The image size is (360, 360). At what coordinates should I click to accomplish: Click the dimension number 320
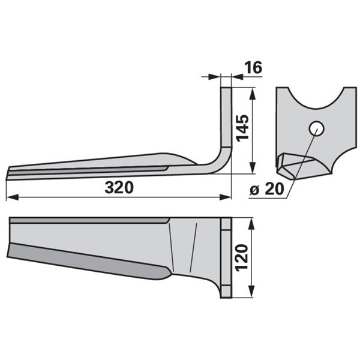119,187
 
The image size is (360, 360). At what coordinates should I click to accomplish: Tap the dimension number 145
242,128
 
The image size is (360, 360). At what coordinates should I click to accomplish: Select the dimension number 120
242,258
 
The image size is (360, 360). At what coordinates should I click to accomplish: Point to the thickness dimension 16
253,67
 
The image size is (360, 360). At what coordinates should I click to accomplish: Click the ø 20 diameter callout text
267,189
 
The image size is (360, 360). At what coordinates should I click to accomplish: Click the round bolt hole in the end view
317,128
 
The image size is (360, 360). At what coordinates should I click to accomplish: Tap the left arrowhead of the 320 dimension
12,197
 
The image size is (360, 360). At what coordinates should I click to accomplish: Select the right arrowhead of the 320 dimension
225,197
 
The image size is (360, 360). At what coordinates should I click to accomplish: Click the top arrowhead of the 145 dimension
253,94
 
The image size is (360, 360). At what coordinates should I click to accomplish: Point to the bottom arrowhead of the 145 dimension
253,168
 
